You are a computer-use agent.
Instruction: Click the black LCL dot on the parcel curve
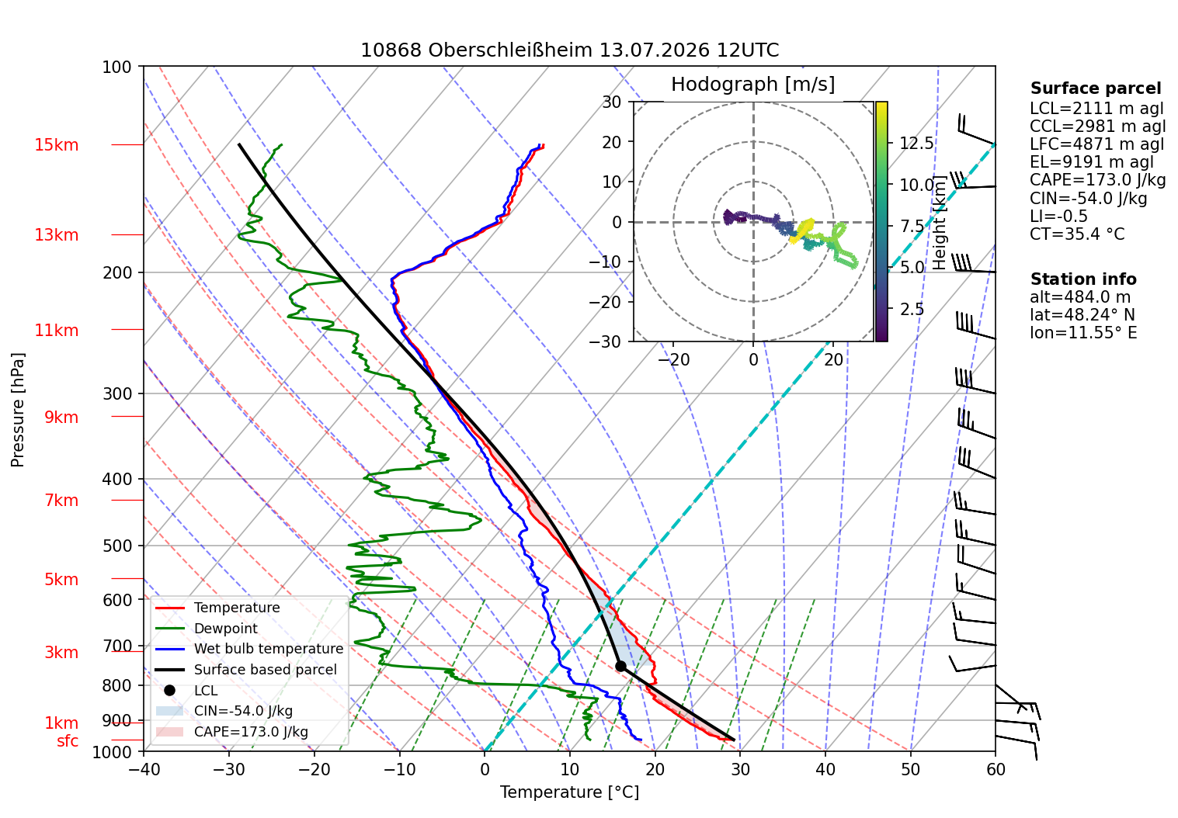point(620,666)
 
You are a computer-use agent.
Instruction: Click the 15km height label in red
point(56,144)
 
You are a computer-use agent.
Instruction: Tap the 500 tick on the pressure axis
point(116,546)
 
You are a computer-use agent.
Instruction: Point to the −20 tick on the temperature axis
point(314,770)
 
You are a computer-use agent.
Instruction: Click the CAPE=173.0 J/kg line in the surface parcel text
point(1097,180)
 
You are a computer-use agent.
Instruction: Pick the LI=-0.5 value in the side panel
point(1058,216)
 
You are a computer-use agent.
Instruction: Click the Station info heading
point(1082,279)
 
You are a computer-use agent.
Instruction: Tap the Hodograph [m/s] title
point(752,84)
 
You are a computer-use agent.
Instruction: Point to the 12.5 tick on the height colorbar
point(916,143)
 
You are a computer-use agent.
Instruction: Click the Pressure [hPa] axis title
point(17,410)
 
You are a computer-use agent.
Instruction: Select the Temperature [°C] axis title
point(569,792)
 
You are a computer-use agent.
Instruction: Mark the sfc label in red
point(68,740)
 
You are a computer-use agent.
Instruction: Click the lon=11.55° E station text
point(1083,333)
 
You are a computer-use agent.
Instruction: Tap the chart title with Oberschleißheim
point(569,50)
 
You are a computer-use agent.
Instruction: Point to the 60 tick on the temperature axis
point(995,770)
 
